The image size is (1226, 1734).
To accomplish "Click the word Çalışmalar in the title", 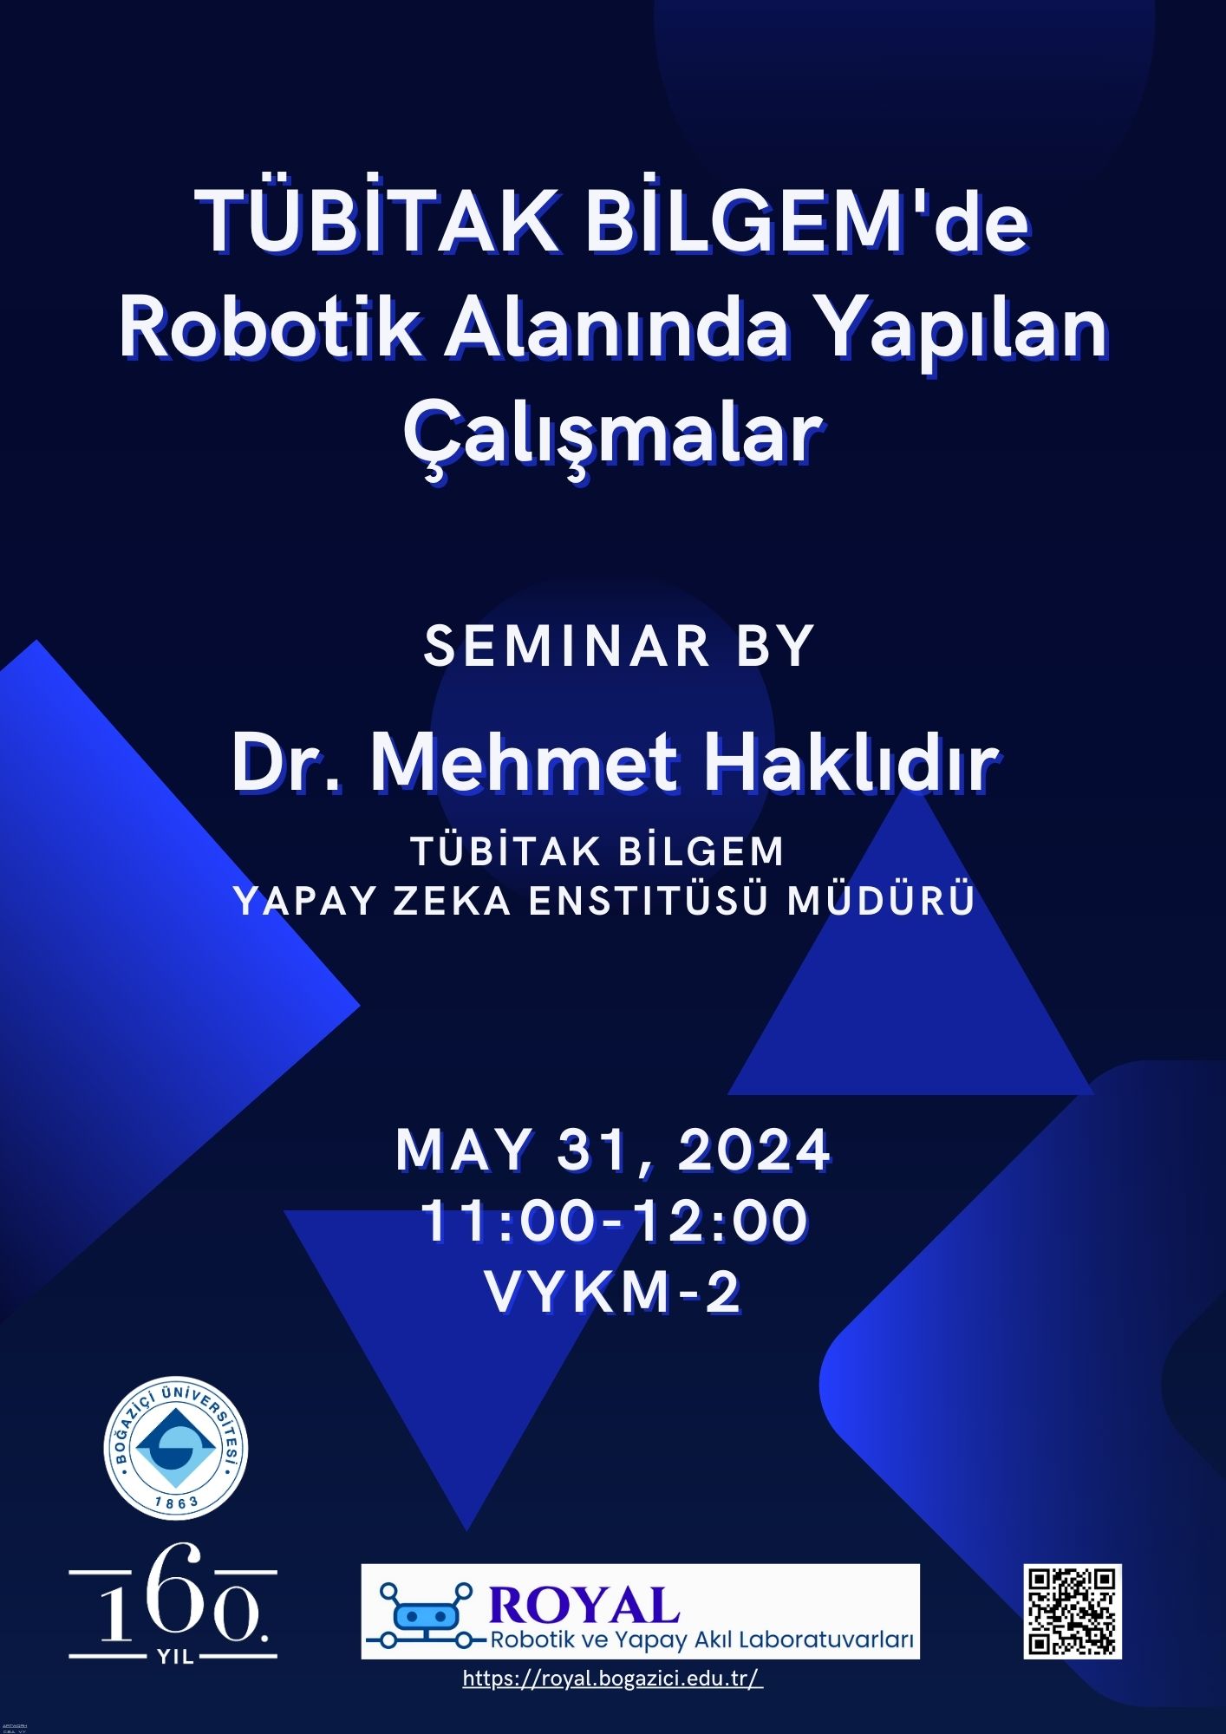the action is coord(613,436).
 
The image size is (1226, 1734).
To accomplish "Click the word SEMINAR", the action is coord(567,646).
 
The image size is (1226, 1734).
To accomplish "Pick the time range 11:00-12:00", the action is coord(614,1221).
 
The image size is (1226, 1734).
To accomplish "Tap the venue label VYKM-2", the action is coord(613,1292).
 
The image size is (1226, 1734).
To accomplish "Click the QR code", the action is coord(1073,1612).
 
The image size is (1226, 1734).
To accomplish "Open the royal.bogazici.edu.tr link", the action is coord(613,1679).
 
